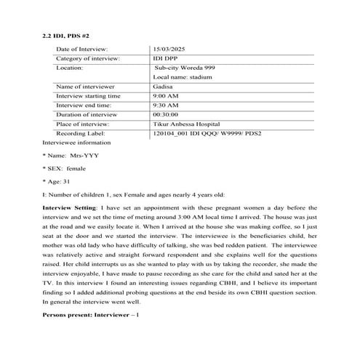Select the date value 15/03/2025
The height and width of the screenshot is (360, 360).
pyautogui.click(x=170, y=48)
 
